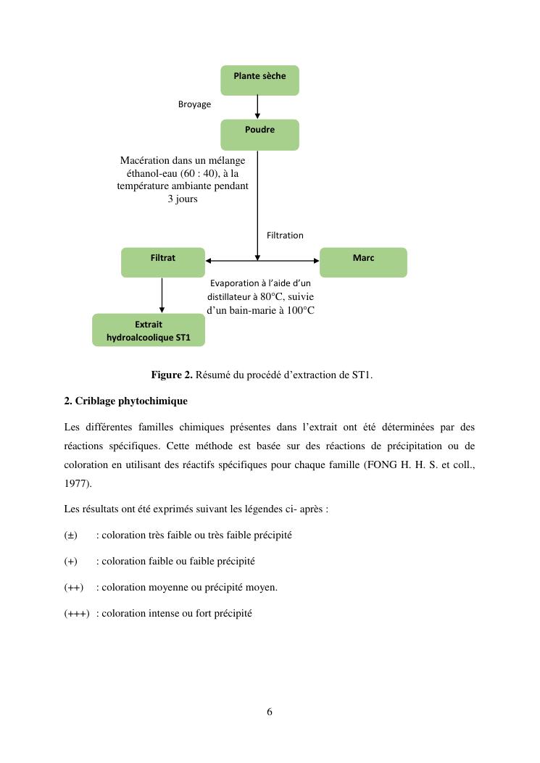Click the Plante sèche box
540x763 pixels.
pos(259,80)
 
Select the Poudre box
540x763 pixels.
pos(259,134)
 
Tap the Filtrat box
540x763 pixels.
pos(162,262)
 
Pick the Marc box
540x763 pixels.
pos(363,262)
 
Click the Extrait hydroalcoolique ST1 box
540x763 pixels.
pos(149,330)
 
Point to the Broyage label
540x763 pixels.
pos(194,104)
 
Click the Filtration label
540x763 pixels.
pos(285,235)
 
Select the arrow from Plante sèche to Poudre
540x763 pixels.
pos(257,107)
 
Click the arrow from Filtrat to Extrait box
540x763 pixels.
pos(162,295)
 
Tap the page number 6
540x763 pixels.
pos(270,712)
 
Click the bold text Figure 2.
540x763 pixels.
pos(172,375)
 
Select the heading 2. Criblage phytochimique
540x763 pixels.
pos(125,401)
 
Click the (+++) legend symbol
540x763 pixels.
pos(77,613)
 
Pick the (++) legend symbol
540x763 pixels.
pos(73,587)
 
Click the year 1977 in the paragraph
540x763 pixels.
pos(75,483)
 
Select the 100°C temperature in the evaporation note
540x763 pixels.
pos(298,310)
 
